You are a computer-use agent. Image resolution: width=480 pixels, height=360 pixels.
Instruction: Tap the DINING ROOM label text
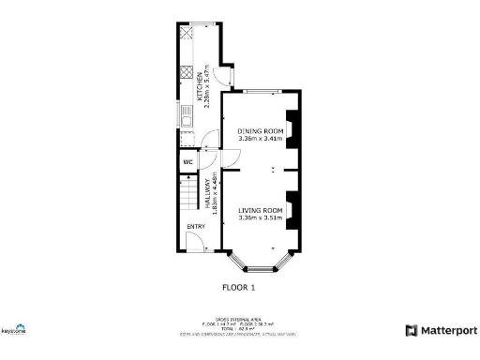click(260, 130)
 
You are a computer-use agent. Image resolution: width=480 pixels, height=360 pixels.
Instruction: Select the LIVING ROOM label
click(260, 210)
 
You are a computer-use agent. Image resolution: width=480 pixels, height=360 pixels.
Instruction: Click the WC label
click(187, 160)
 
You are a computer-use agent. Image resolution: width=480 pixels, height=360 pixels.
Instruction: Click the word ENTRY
click(195, 226)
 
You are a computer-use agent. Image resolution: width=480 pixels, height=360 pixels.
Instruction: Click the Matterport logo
click(441, 330)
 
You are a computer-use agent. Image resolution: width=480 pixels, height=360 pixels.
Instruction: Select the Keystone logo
click(13, 330)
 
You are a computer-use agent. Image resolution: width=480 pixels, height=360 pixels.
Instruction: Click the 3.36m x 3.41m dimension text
click(260, 139)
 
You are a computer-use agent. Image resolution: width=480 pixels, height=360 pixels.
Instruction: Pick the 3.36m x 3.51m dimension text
click(260, 218)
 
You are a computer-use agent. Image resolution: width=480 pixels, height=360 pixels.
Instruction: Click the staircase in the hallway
click(189, 195)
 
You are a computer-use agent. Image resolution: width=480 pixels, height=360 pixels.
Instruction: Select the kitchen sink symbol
click(186, 118)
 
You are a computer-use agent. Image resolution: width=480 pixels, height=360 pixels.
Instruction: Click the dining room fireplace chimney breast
click(292, 131)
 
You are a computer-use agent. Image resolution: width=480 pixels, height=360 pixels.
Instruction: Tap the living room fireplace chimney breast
click(292, 211)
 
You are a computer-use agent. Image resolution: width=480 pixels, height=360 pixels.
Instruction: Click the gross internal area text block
click(239, 324)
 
